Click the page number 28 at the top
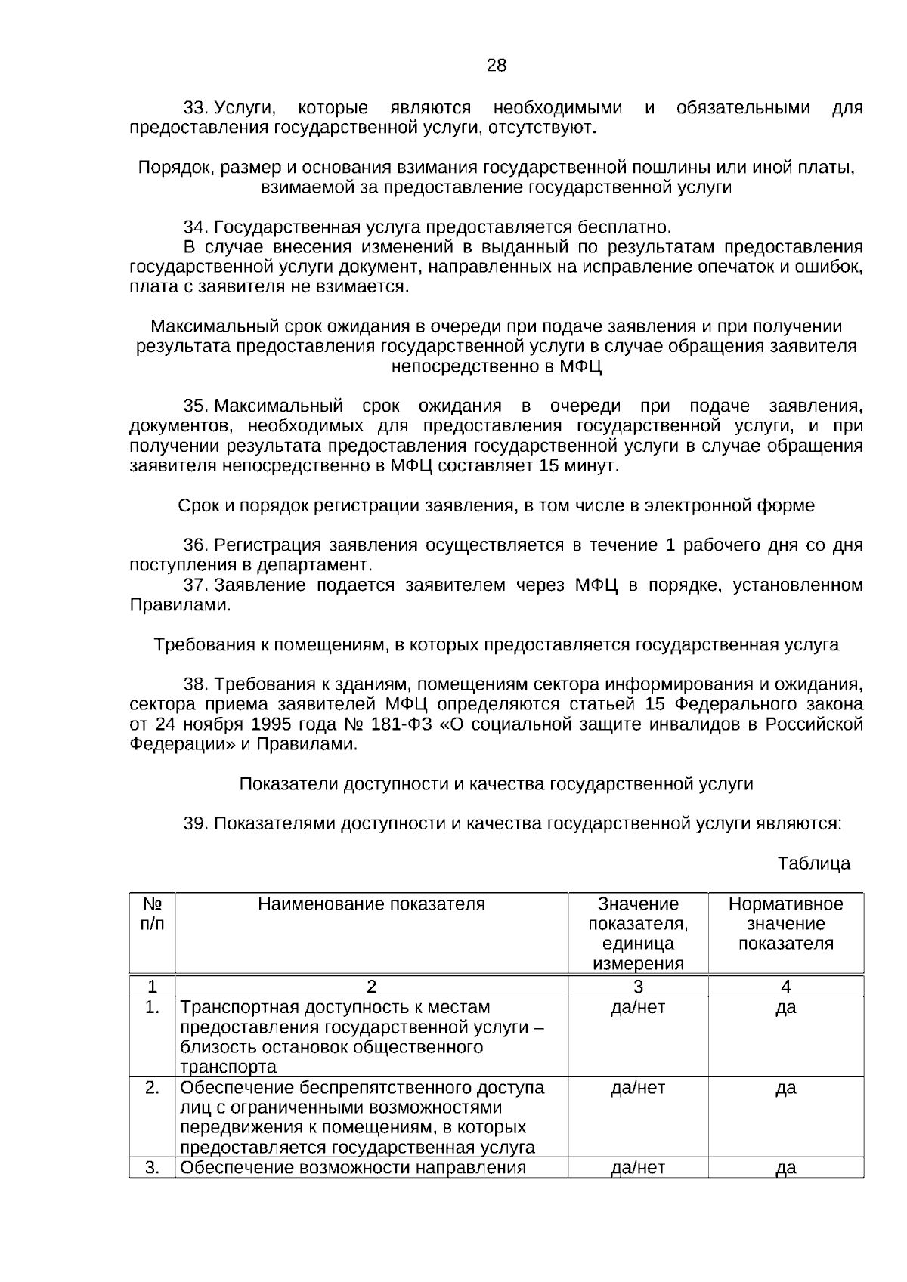click(496, 66)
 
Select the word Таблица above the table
click(813, 863)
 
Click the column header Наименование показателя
click(371, 904)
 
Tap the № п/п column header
click(152, 913)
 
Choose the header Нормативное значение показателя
click(785, 923)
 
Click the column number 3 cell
click(638, 986)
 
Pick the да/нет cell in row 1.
click(638, 1007)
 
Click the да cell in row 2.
click(785, 1088)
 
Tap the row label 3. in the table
click(152, 1168)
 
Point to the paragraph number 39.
click(196, 823)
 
